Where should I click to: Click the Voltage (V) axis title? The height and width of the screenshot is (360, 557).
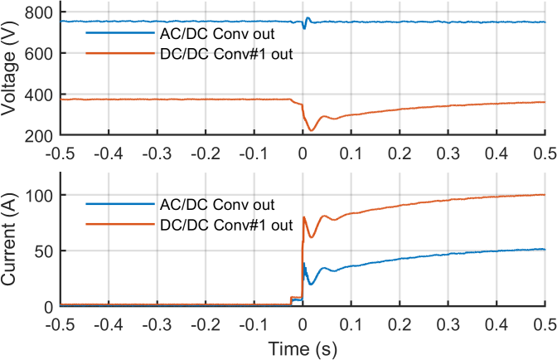[12, 73]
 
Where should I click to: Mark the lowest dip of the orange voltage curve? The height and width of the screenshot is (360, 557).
[312, 130]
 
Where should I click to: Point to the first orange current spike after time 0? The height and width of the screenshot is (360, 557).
[304, 217]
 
